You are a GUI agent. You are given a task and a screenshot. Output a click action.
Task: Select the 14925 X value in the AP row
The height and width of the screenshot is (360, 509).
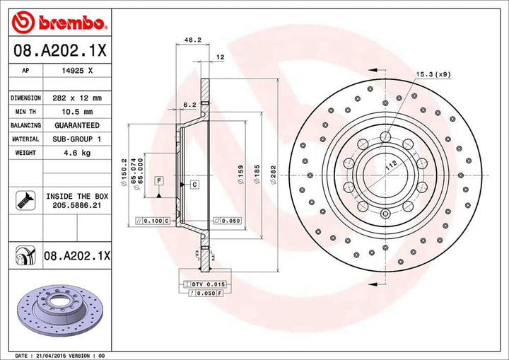(x=77, y=71)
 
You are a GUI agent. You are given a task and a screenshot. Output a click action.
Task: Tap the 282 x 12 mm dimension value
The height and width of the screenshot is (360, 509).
(x=77, y=98)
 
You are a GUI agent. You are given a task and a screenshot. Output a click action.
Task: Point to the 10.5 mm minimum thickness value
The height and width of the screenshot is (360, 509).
(x=77, y=112)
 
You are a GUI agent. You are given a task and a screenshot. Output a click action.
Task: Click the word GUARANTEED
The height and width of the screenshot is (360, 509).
(x=77, y=125)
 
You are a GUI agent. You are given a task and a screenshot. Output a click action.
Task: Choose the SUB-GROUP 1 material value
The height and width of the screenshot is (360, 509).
(x=77, y=139)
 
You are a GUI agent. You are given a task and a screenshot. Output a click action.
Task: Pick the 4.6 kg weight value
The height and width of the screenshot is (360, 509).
(x=77, y=153)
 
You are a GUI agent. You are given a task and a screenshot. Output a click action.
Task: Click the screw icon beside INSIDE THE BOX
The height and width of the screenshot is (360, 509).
(x=25, y=200)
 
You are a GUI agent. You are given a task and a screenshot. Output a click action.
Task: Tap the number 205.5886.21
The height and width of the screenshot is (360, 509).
(x=77, y=205)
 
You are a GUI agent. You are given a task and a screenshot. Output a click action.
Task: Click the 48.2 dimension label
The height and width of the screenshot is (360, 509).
(x=193, y=40)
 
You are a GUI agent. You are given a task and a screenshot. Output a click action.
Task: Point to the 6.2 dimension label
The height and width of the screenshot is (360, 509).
(x=190, y=105)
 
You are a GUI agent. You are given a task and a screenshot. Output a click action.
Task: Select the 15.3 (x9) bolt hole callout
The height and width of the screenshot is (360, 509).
(x=433, y=74)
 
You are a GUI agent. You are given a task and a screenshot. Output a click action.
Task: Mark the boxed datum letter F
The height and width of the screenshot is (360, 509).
(x=159, y=180)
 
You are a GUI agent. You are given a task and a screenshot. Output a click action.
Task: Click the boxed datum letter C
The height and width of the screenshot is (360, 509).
(x=195, y=185)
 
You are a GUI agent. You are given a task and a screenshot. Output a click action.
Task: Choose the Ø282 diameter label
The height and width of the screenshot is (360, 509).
(x=274, y=175)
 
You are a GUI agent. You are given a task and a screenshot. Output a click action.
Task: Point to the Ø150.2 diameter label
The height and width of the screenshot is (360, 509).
(x=123, y=172)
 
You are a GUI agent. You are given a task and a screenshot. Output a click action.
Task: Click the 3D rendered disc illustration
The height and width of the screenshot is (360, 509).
(x=60, y=310)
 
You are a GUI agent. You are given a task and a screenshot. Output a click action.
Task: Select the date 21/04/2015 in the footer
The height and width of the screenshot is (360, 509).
(x=49, y=356)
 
